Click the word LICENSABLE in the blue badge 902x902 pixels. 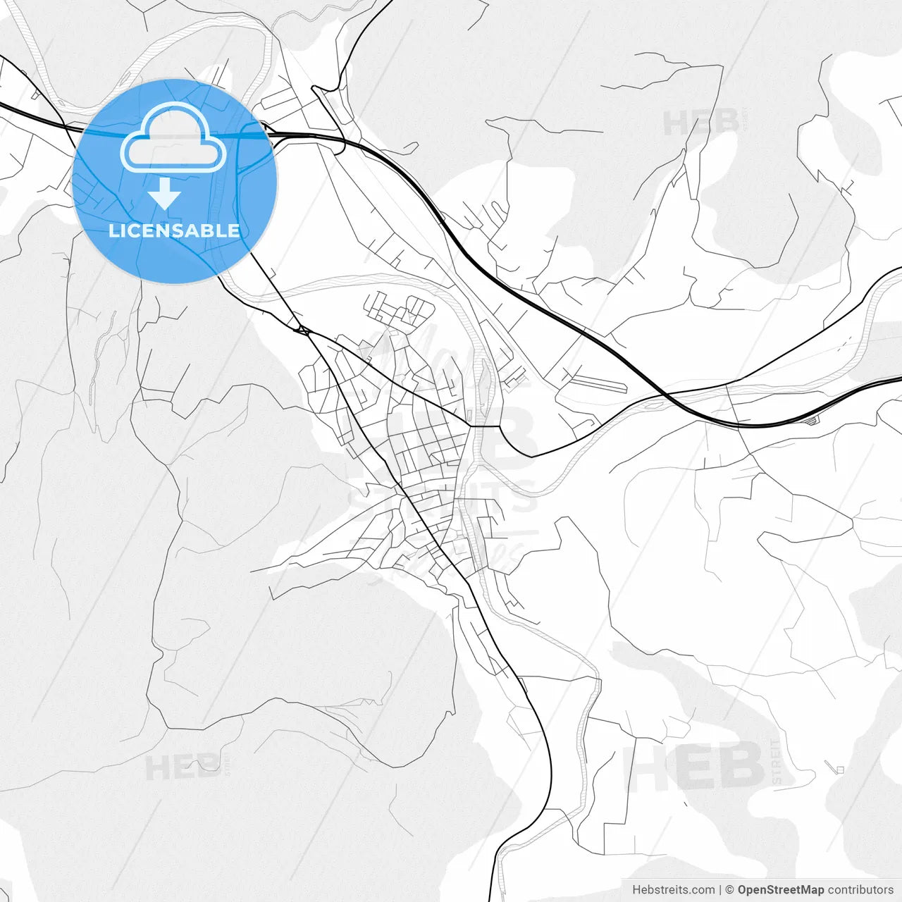point(174,230)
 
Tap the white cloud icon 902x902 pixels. point(173,138)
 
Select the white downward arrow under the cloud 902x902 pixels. point(166,193)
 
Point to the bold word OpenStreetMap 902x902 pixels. point(780,889)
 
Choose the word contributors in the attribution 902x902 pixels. point(860,889)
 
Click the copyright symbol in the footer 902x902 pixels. point(729,889)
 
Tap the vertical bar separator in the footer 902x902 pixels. point(720,889)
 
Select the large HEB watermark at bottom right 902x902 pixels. point(694,766)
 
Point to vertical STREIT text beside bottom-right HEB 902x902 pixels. point(777,762)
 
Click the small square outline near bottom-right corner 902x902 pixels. point(839,769)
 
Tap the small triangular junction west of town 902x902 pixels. point(302,329)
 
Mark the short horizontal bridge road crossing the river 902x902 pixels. point(484,426)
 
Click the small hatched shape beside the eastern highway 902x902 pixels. point(813,421)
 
